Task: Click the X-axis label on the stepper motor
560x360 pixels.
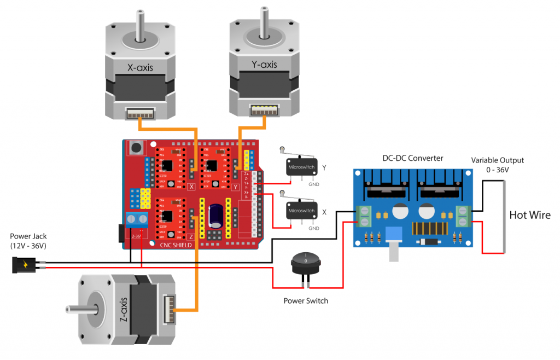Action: click(140, 68)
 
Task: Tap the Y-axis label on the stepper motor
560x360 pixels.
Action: click(264, 65)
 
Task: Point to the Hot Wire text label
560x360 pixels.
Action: click(529, 215)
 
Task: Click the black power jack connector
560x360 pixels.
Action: click(25, 265)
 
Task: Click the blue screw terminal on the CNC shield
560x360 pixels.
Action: click(138, 220)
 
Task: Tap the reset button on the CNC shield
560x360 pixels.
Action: click(135, 147)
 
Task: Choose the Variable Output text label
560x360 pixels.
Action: click(498, 160)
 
